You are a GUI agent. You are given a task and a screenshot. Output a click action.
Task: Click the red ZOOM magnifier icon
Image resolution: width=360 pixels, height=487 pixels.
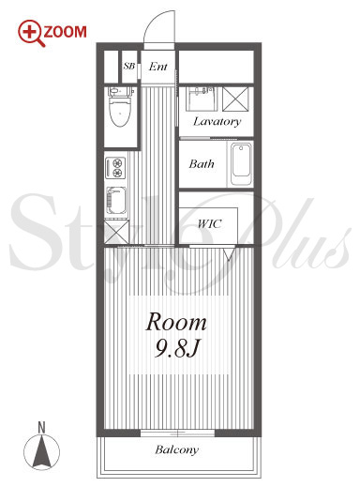(x=31, y=33)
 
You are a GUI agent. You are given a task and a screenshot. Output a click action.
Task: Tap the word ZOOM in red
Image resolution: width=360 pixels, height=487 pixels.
(x=66, y=32)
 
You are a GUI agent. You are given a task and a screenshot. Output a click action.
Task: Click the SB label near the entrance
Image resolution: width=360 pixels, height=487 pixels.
(x=129, y=66)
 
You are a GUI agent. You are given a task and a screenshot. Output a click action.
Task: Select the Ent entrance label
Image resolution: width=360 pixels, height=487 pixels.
(x=158, y=67)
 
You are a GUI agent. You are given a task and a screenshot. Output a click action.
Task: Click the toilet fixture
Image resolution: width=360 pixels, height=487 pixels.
(x=120, y=107)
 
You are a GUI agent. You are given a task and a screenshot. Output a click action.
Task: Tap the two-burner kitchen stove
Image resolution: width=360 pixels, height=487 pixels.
(x=115, y=168)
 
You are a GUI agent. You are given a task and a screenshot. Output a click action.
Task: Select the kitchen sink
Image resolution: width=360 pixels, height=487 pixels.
(x=116, y=202)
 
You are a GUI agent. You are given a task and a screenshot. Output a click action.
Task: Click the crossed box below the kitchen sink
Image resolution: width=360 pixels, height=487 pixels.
(x=116, y=232)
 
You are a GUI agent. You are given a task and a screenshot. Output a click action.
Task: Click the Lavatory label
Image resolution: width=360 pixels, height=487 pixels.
(x=217, y=121)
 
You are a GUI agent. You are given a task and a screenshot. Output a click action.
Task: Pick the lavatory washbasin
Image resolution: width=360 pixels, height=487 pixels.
(x=202, y=99)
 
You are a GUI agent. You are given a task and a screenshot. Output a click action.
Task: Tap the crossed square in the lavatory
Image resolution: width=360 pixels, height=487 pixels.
(x=236, y=99)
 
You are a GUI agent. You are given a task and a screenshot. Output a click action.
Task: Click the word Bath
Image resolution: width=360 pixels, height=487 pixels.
(x=202, y=163)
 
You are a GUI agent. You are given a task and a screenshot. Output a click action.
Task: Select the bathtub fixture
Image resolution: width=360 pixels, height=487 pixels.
(x=241, y=164)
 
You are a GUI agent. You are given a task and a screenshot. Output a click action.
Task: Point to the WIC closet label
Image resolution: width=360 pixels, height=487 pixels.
(x=210, y=223)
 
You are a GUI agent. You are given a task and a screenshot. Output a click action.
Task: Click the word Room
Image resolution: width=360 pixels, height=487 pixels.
(x=176, y=322)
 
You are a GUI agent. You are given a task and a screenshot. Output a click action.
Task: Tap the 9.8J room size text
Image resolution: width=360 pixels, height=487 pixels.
(x=177, y=348)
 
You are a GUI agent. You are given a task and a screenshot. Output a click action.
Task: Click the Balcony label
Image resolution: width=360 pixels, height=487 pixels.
(x=177, y=449)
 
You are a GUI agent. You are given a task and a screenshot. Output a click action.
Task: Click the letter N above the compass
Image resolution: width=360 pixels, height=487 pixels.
(x=41, y=428)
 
